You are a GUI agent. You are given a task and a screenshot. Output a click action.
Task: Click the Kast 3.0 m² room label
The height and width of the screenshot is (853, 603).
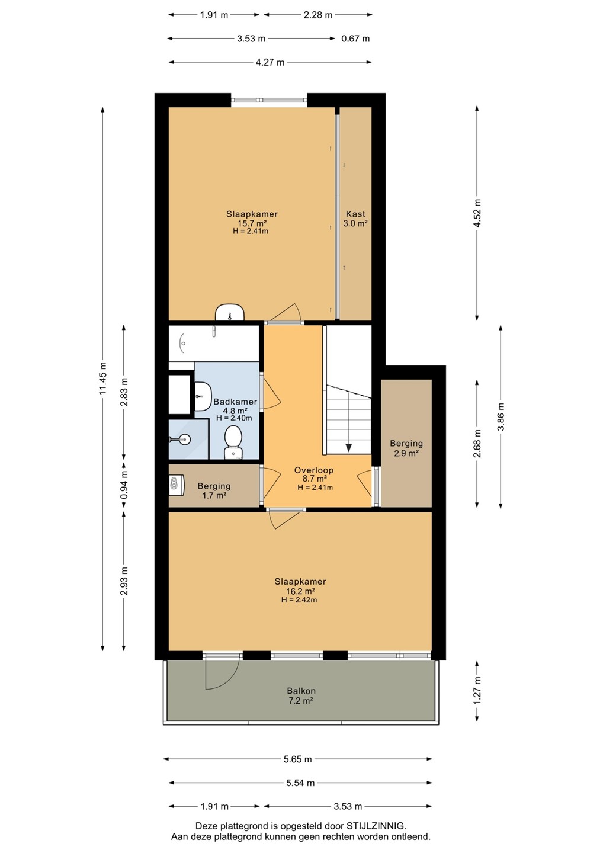tap(355, 219)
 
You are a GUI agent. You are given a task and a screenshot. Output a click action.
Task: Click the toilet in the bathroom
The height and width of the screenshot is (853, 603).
tap(233, 442)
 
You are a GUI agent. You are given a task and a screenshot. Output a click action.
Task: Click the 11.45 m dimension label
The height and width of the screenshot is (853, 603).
tap(103, 378)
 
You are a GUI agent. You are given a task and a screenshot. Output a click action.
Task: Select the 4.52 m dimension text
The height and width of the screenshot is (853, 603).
tap(477, 213)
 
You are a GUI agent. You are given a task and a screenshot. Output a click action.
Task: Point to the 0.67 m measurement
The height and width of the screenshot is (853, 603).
tap(355, 39)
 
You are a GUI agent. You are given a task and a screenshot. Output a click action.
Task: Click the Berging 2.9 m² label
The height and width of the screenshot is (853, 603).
tap(406, 448)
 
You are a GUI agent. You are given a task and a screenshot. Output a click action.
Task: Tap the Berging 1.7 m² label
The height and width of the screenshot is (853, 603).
tap(214, 490)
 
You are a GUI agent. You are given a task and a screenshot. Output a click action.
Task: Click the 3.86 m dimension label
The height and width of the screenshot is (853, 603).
tap(501, 416)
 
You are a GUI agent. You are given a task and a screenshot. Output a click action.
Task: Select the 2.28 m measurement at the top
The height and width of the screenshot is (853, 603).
tap(318, 15)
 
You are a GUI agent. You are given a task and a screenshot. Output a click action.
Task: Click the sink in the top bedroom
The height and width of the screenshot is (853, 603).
tap(230, 313)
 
